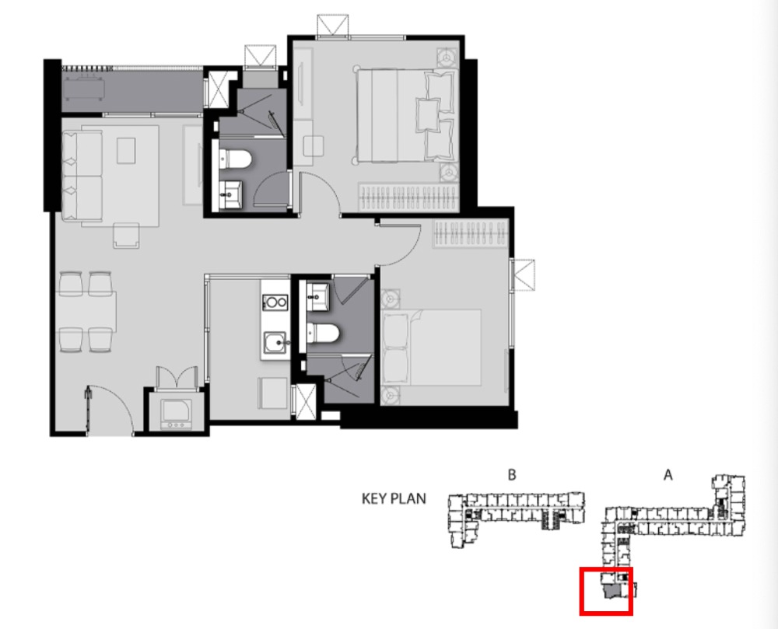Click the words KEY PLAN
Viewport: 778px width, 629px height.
pos(394,498)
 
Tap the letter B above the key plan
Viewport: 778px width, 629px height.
pos(512,475)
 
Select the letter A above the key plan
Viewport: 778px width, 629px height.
pos(668,475)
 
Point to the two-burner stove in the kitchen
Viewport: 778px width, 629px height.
pos(275,302)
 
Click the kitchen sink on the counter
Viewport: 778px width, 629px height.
pos(275,343)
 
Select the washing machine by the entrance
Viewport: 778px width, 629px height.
pos(176,413)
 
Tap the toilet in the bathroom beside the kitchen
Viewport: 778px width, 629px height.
pos(323,333)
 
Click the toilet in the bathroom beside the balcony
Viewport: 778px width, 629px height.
pos(236,159)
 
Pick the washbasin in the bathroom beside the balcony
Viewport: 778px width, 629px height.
pos(231,195)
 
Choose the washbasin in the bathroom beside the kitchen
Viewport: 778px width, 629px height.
pos(318,297)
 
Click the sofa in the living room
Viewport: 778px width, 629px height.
pos(82,176)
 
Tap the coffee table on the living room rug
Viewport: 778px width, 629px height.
pos(126,151)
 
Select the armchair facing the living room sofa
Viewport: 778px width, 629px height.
pos(126,236)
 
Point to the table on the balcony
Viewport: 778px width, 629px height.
pos(83,89)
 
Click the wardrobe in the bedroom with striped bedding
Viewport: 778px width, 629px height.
pos(408,197)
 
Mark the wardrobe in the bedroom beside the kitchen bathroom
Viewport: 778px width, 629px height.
pos(470,234)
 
